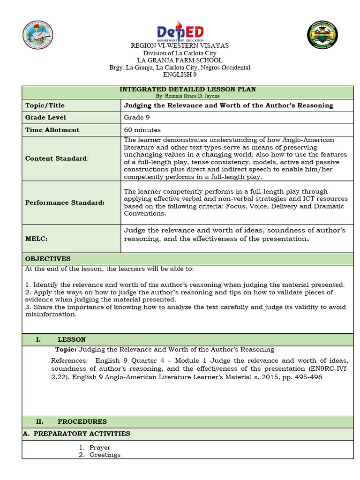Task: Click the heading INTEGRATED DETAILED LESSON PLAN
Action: click(x=187, y=89)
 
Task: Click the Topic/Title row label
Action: click(x=45, y=105)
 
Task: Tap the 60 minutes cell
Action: click(x=142, y=130)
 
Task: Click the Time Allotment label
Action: click(x=52, y=130)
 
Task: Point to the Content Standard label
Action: click(x=57, y=158)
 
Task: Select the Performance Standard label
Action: click(x=65, y=202)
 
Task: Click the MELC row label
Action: click(x=37, y=239)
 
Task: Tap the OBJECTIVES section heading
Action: click(x=48, y=259)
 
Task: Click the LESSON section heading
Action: click(x=71, y=339)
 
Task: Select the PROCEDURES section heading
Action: click(x=82, y=421)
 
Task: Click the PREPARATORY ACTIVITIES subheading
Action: click(x=76, y=434)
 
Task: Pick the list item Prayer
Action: click(x=100, y=448)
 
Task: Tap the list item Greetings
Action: click(x=105, y=455)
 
